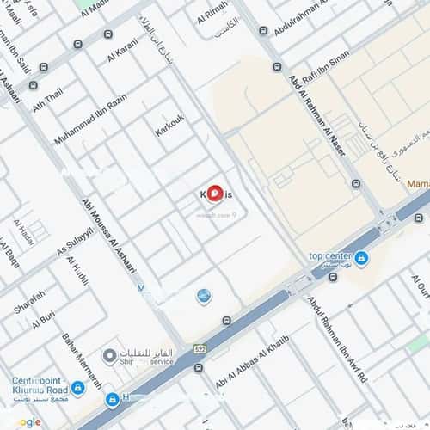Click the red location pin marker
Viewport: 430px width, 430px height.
click(x=215, y=194)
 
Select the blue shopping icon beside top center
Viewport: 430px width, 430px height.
click(x=361, y=258)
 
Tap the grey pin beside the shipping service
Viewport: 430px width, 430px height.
click(x=109, y=355)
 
